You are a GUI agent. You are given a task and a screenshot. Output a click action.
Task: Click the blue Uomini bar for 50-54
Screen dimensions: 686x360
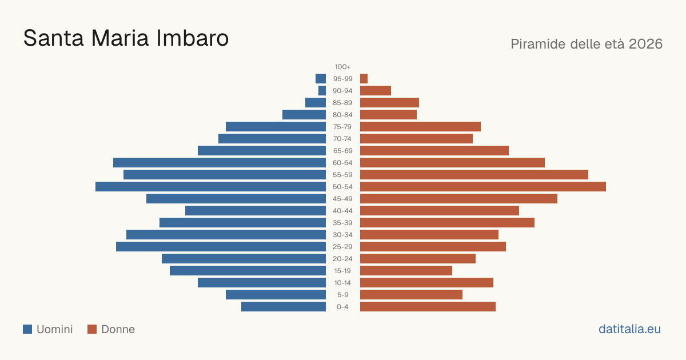(211, 187)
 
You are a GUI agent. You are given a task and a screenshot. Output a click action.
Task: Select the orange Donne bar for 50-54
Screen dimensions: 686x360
(483, 187)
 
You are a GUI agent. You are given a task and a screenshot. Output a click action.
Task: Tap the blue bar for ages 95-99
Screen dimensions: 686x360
(321, 79)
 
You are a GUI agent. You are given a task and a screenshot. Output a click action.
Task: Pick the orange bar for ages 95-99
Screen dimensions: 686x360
(364, 79)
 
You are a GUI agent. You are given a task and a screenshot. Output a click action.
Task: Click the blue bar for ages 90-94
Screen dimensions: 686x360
(322, 91)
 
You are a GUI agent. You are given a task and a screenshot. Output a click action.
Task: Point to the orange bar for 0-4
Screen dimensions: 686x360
(428, 307)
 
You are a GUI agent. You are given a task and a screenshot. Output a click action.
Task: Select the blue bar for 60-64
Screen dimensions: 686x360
(220, 162)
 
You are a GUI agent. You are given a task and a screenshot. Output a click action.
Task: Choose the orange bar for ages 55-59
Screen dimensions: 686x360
(474, 175)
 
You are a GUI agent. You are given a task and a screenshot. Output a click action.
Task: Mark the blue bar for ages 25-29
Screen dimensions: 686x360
(221, 247)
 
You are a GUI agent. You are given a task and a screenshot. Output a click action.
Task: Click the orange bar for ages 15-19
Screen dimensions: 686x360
(406, 271)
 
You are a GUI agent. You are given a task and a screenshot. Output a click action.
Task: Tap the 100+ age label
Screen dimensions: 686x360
(342, 67)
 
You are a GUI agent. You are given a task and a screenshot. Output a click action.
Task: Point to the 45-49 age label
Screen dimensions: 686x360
(342, 199)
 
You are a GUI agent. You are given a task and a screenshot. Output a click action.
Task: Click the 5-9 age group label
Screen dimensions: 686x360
(342, 295)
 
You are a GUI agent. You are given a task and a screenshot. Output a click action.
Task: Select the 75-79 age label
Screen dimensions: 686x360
(342, 127)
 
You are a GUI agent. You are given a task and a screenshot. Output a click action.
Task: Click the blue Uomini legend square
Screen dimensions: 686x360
(27, 329)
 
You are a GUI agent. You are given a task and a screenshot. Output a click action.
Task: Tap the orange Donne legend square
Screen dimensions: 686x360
(92, 329)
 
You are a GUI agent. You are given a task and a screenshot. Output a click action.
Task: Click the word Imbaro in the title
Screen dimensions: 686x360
(192, 38)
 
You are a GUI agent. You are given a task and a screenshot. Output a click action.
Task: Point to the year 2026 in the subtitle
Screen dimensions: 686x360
(645, 44)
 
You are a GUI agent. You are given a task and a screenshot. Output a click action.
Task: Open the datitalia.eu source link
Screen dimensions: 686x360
(629, 329)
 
